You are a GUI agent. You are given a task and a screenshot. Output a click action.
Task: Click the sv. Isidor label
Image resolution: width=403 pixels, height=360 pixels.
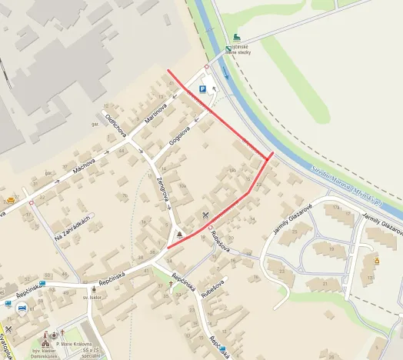[92, 295]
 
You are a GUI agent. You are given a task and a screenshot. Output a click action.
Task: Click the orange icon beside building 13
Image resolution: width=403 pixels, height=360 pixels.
[377, 261]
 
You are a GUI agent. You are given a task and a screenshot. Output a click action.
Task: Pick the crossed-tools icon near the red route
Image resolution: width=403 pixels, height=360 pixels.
[205, 214]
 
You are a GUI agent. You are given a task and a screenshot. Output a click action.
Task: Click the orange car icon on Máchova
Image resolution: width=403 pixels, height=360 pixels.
[11, 200]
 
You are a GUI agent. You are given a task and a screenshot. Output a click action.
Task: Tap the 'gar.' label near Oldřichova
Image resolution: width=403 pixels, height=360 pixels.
[95, 124]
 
